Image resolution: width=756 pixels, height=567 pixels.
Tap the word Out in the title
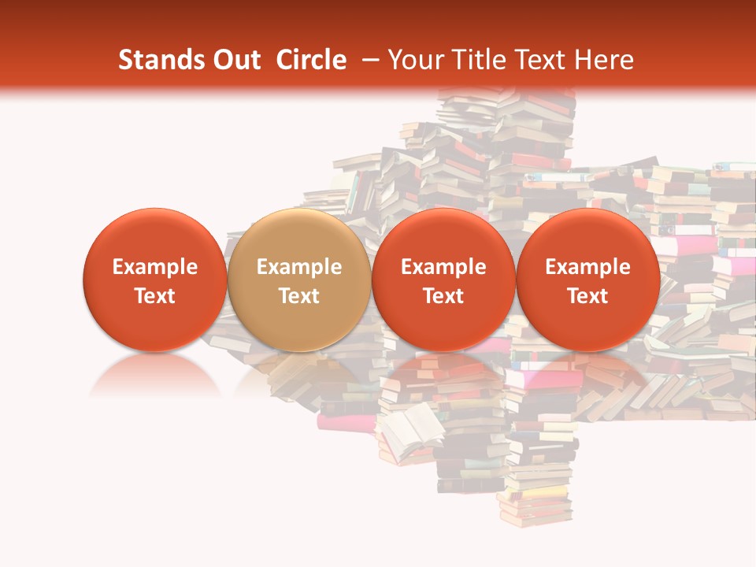pos(234,60)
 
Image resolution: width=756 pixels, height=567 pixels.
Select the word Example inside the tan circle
pos(299,268)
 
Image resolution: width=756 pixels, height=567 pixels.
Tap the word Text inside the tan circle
pos(299,296)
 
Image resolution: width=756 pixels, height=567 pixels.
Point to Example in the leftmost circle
pos(154,268)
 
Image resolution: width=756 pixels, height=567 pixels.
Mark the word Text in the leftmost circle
pos(154,296)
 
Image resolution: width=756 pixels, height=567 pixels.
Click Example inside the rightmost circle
pos(587,268)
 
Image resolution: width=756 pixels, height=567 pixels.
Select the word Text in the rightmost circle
pos(587,296)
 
